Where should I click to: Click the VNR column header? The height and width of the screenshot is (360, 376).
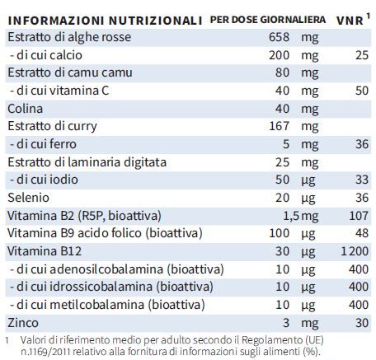350,21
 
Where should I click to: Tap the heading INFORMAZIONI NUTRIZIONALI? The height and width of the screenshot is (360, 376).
105,21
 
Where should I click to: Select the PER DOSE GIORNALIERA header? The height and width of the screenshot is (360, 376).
268,20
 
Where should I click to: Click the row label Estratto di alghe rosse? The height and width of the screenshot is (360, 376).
69,37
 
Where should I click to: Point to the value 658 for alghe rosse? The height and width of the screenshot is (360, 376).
279,37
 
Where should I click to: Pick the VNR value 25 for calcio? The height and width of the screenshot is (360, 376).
362,55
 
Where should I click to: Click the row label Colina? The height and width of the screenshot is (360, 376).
25,109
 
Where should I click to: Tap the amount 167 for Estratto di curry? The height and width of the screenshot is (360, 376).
280,126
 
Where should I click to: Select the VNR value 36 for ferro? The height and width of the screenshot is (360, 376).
362,144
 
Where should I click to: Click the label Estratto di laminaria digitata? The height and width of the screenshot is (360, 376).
87,162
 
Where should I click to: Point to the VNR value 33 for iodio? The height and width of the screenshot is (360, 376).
362,180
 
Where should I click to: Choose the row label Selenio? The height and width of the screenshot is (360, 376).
28,198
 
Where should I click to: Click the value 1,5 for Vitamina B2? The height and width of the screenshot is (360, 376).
291,216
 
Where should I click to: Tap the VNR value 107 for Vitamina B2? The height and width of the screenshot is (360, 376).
359,216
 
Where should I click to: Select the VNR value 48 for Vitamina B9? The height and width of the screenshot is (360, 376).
362,233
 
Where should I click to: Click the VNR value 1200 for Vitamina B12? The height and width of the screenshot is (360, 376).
355,251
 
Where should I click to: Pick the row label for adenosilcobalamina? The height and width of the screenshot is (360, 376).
117,269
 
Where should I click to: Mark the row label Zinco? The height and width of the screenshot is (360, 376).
23,323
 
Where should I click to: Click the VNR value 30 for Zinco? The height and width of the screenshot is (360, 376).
362,323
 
